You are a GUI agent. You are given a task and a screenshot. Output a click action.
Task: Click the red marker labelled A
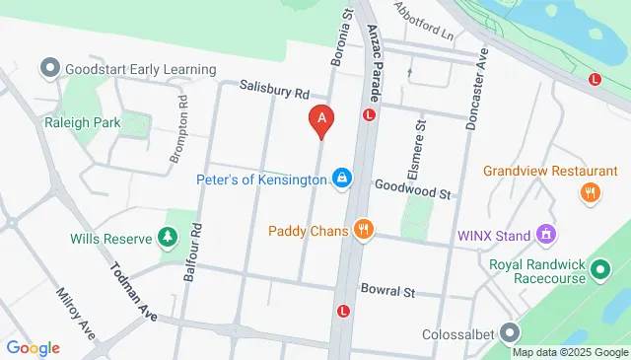tap(320, 120)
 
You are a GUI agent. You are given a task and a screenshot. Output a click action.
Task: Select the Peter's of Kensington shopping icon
tap(340, 178)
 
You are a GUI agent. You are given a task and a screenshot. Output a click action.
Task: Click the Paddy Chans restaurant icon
tap(363, 230)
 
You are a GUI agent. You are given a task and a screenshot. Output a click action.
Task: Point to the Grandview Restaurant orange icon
tap(591, 192)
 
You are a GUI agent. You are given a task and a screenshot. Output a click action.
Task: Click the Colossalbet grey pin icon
tap(509, 332)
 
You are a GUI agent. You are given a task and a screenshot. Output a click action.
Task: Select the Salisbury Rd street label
tap(274, 90)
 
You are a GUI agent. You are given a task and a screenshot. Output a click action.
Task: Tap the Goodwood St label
tap(412, 188)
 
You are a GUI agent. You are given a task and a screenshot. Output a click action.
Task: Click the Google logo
tap(33, 347)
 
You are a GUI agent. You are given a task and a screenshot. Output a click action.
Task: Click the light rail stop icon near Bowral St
tap(343, 311)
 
